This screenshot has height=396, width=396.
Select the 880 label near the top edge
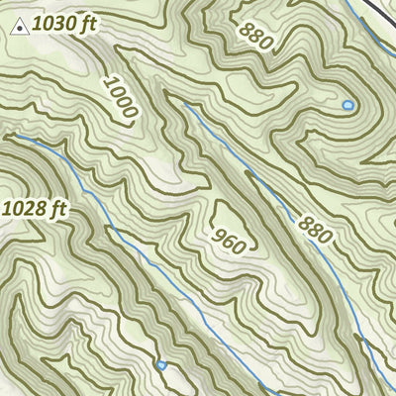pos(254,35)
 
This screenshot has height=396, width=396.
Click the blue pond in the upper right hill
pos(347,104)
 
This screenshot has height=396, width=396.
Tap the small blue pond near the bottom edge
pos(160,365)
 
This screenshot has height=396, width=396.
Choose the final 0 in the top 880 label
pos(265,43)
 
